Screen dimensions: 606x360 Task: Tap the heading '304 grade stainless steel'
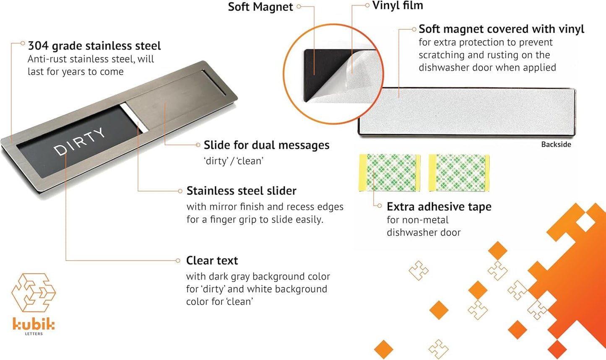point(94,46)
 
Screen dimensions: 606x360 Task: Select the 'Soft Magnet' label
point(260,7)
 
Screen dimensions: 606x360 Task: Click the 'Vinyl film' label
point(398,5)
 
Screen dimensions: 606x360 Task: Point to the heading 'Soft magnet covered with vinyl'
point(501,29)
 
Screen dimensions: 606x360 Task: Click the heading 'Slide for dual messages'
point(266,145)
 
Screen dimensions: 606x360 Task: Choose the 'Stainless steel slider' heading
point(241,191)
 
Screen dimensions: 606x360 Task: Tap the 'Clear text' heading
point(212,261)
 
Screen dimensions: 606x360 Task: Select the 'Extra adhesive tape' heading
point(439,207)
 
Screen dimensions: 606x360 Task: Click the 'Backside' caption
point(556,145)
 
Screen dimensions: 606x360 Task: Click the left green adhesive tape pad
point(390,173)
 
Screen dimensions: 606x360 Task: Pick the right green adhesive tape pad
point(459,173)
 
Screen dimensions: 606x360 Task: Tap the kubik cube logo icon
point(34,293)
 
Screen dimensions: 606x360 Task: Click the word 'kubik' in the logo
point(34,324)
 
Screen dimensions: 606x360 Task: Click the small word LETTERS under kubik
point(34,334)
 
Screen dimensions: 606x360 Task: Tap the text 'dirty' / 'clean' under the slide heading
point(234,161)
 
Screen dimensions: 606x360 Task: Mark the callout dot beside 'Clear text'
point(178,261)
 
